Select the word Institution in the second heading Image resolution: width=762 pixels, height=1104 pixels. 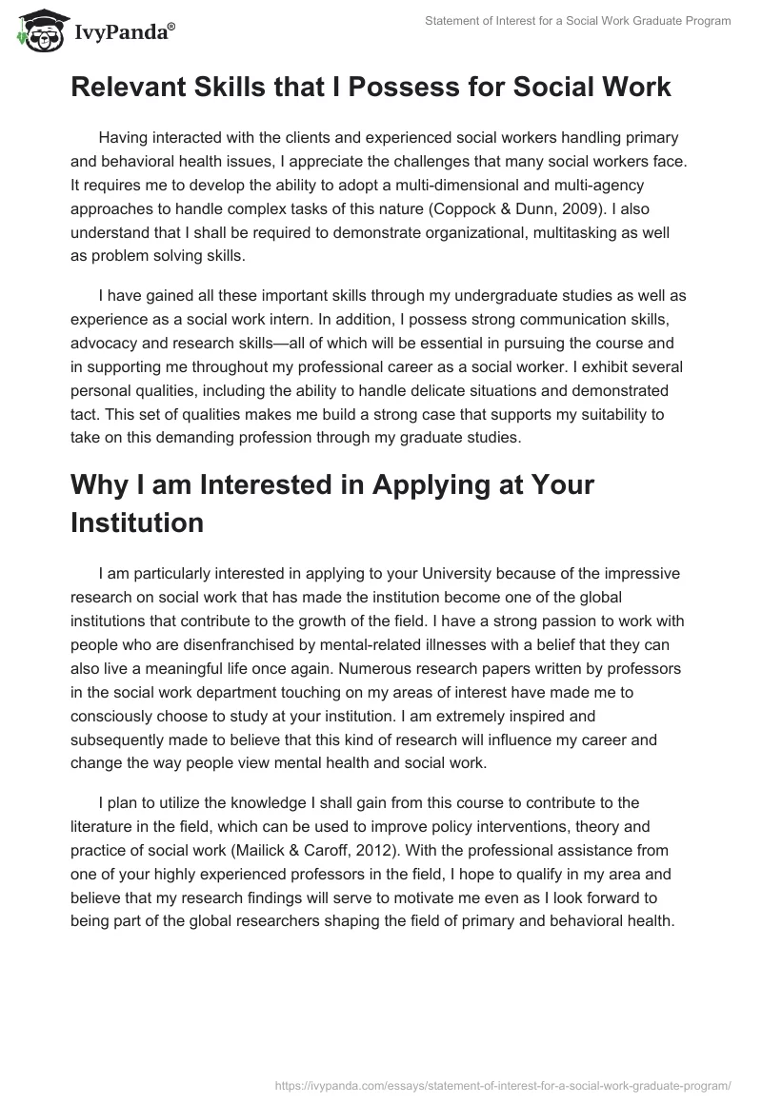pos(136,522)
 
